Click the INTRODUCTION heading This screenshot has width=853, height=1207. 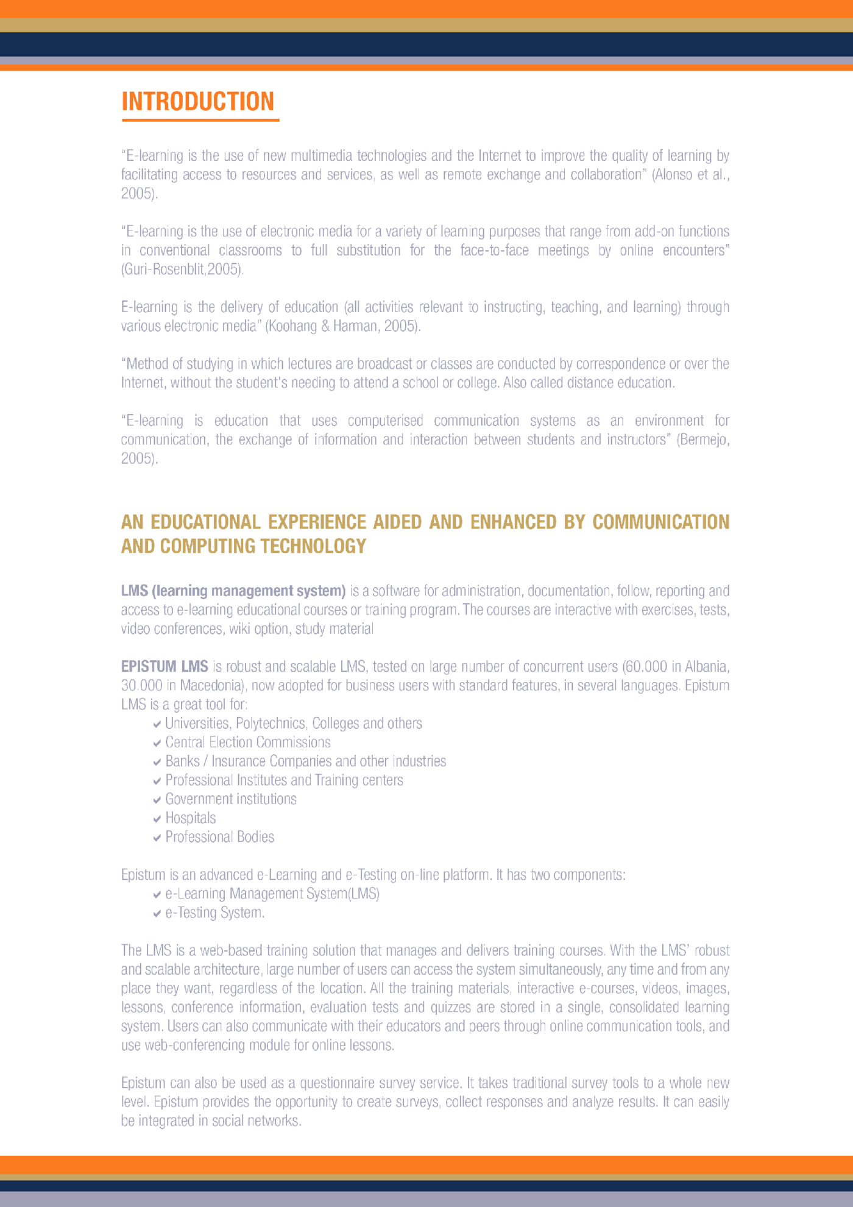198,101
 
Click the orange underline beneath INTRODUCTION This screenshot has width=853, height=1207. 200,120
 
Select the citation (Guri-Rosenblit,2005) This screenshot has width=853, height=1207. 182,269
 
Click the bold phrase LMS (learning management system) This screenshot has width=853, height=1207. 233,591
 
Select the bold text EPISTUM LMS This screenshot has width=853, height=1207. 165,666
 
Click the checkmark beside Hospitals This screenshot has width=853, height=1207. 157,819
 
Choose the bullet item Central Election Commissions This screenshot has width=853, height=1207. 248,742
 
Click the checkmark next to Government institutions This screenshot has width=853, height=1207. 157,800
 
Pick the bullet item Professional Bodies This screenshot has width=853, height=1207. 220,837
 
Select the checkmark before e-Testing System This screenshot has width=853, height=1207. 157,913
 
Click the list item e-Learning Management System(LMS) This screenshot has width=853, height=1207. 272,894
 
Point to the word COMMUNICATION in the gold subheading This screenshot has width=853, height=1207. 660,522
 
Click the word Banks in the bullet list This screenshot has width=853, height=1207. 182,761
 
